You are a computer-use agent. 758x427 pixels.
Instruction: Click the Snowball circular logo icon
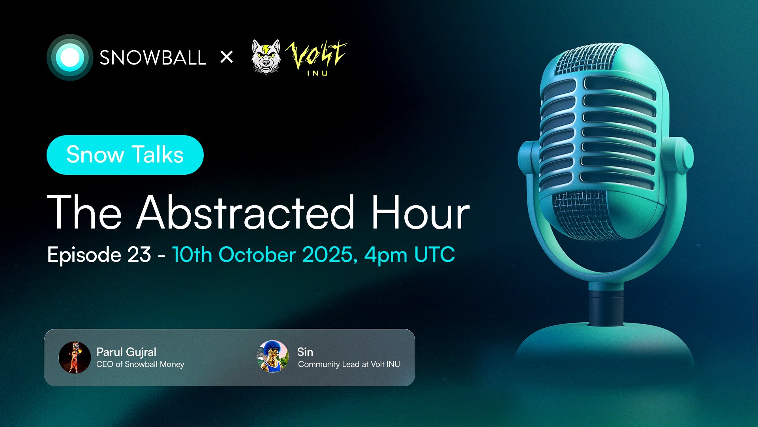pos(70,57)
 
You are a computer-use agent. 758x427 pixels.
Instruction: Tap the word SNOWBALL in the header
pos(153,58)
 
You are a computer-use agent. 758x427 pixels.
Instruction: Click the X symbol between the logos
pos(227,57)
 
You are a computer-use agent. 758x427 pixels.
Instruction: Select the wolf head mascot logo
pos(266,57)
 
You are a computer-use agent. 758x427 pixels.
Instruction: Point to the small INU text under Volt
pos(318,73)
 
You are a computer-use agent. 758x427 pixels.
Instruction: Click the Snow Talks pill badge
pos(125,155)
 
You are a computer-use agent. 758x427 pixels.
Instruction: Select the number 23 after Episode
pos(139,254)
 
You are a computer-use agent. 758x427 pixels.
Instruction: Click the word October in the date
pos(257,254)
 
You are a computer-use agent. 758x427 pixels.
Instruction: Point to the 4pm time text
pos(386,255)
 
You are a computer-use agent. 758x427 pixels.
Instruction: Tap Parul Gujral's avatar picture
pos(75,357)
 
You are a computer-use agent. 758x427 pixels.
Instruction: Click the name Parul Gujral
pos(126,352)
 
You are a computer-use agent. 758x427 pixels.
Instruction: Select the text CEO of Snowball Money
pos(140,364)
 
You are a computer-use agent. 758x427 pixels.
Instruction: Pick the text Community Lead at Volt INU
pos(349,364)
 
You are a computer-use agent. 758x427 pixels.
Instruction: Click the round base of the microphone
pos(604,348)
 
